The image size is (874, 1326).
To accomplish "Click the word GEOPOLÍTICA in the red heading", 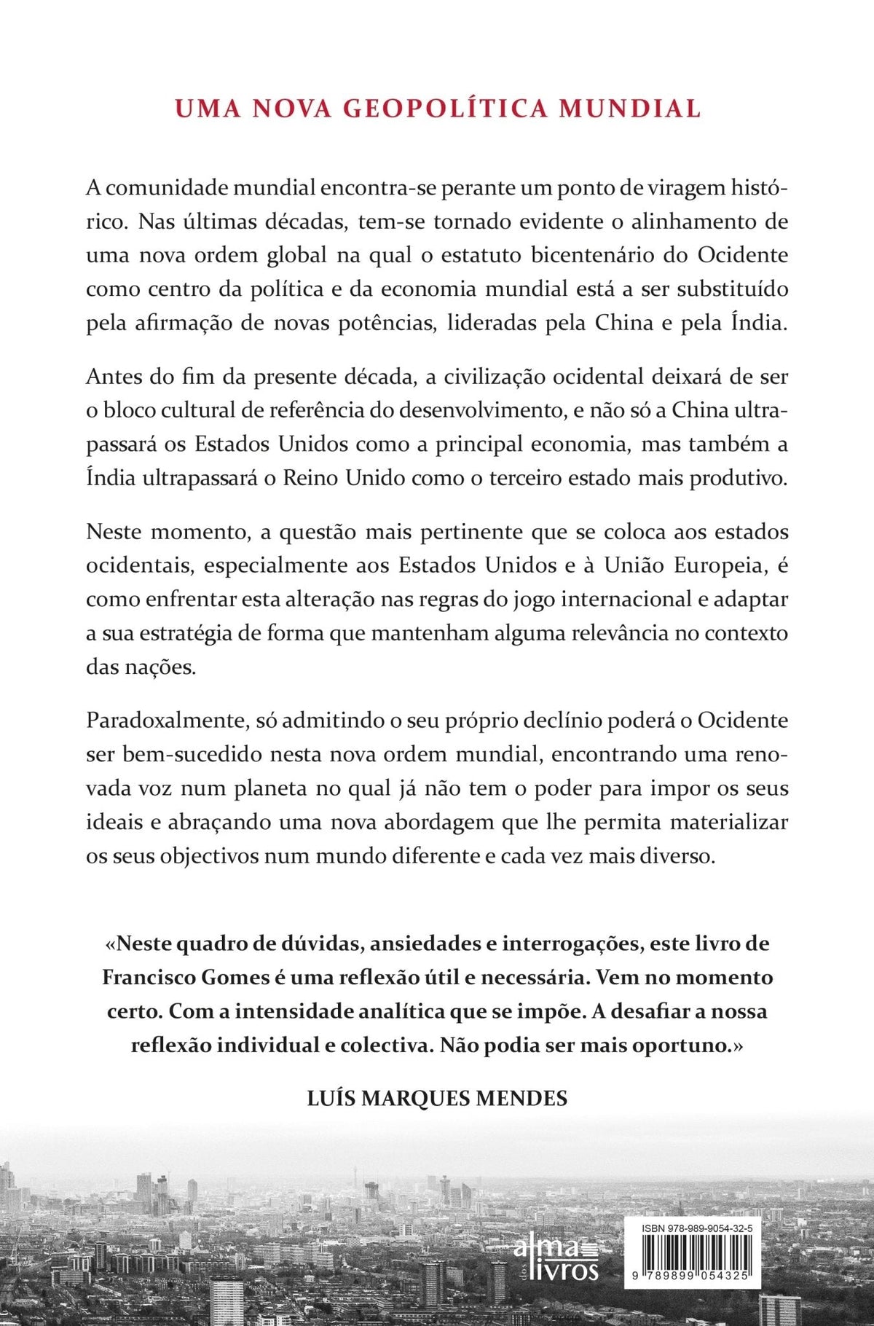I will coord(444,108).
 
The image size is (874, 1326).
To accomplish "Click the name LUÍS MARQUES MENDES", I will coord(437,1098).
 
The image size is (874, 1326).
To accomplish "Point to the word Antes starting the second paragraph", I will coord(112,377).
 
